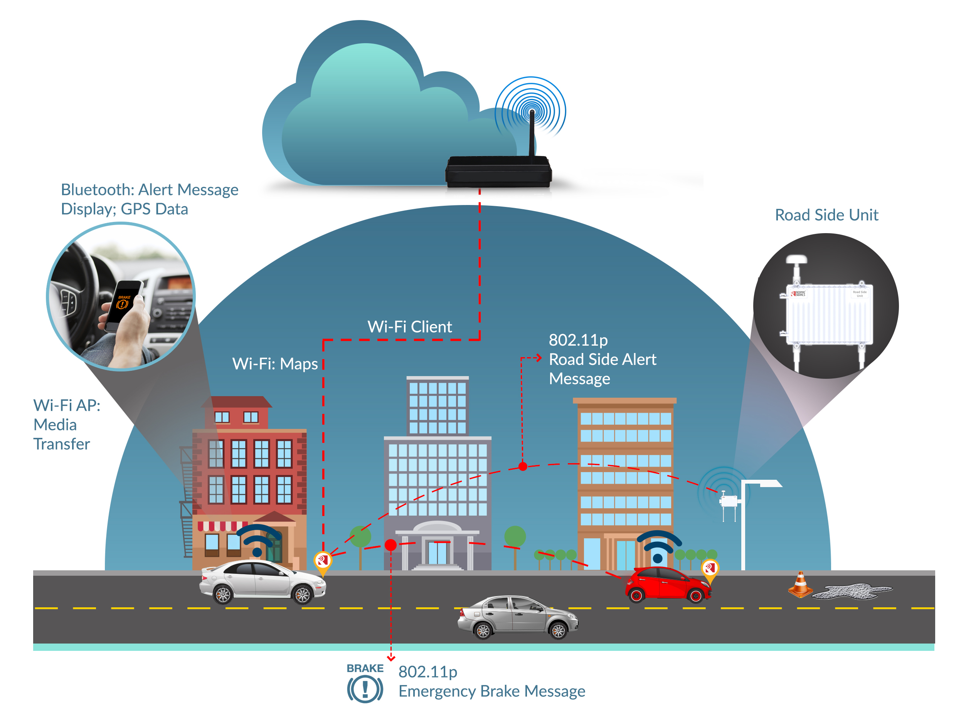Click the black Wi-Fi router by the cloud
click(x=498, y=171)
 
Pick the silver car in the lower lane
click(x=517, y=617)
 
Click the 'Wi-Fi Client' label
click(x=409, y=327)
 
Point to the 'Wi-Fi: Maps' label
click(x=275, y=364)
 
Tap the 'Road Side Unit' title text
click(x=826, y=215)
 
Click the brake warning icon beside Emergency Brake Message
click(x=365, y=688)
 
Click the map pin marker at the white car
click(x=322, y=561)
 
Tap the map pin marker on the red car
click(x=709, y=569)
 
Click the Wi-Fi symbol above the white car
click(x=258, y=540)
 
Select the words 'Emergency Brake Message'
click(x=491, y=691)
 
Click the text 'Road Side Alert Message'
click(x=602, y=369)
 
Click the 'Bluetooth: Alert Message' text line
click(x=149, y=190)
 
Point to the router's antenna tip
click(x=532, y=112)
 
